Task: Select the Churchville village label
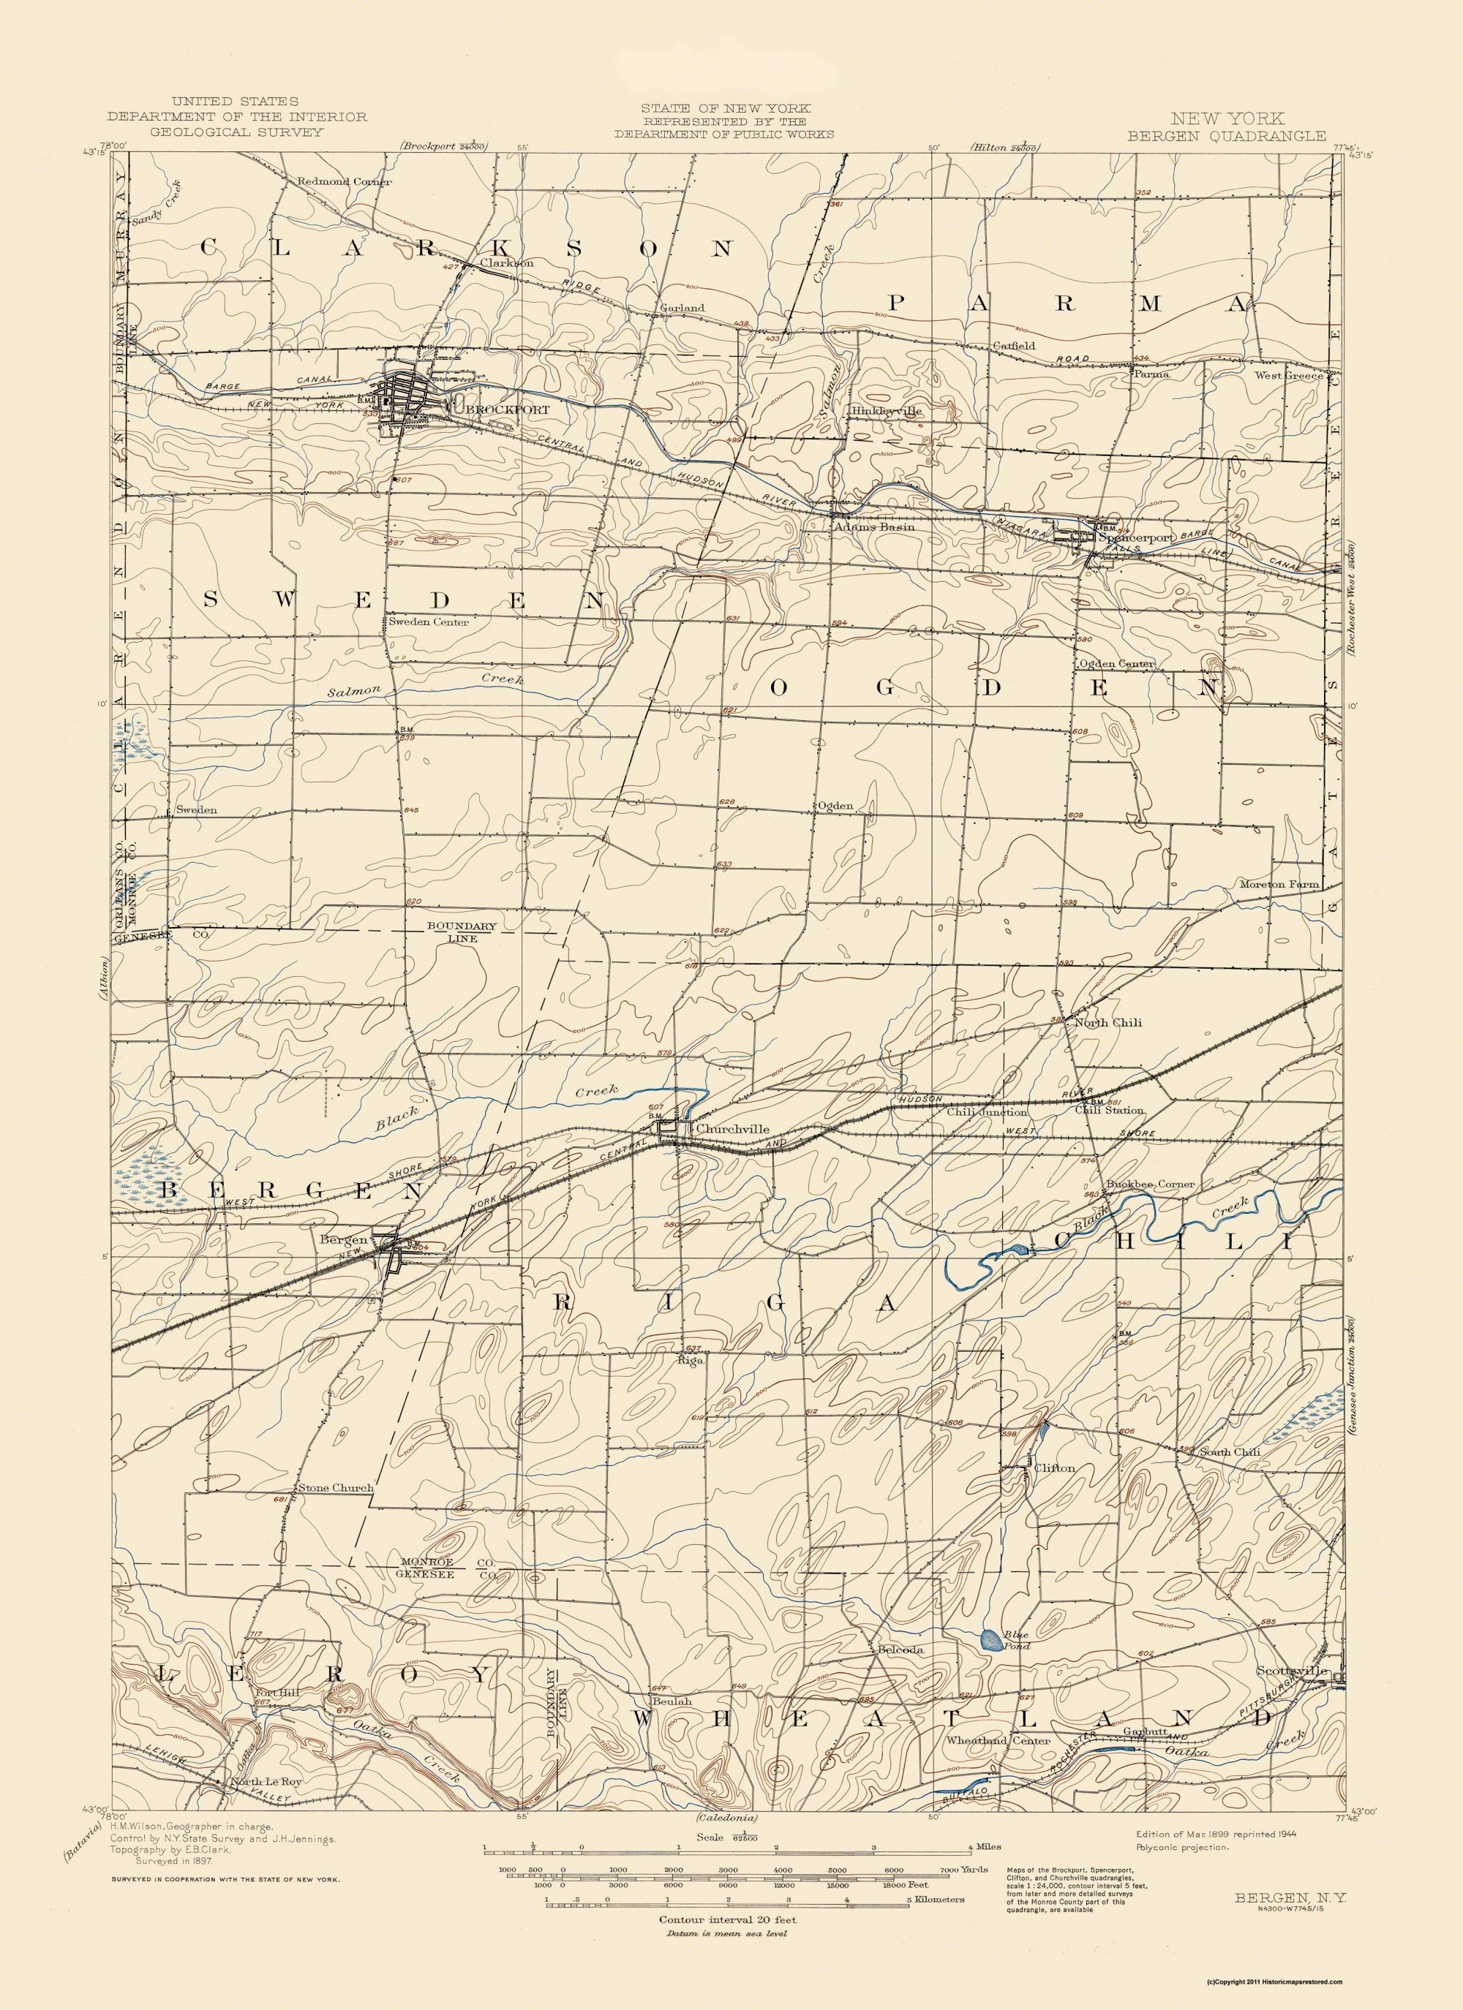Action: pos(731,1129)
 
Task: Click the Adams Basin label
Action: pos(873,526)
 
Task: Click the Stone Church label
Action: pos(335,1488)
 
